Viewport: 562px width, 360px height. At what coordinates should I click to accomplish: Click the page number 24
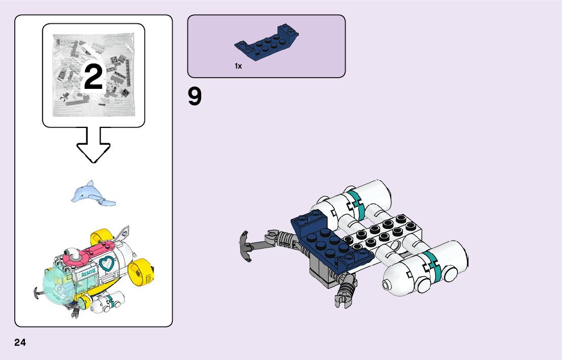pyautogui.click(x=20, y=342)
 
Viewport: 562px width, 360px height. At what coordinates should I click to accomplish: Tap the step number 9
pyautogui.click(x=195, y=97)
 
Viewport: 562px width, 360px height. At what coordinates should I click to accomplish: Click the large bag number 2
pyautogui.click(x=93, y=77)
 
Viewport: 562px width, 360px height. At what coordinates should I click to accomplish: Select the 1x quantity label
pyautogui.click(x=238, y=66)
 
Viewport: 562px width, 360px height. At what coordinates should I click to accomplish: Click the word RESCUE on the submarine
pyautogui.click(x=89, y=274)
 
